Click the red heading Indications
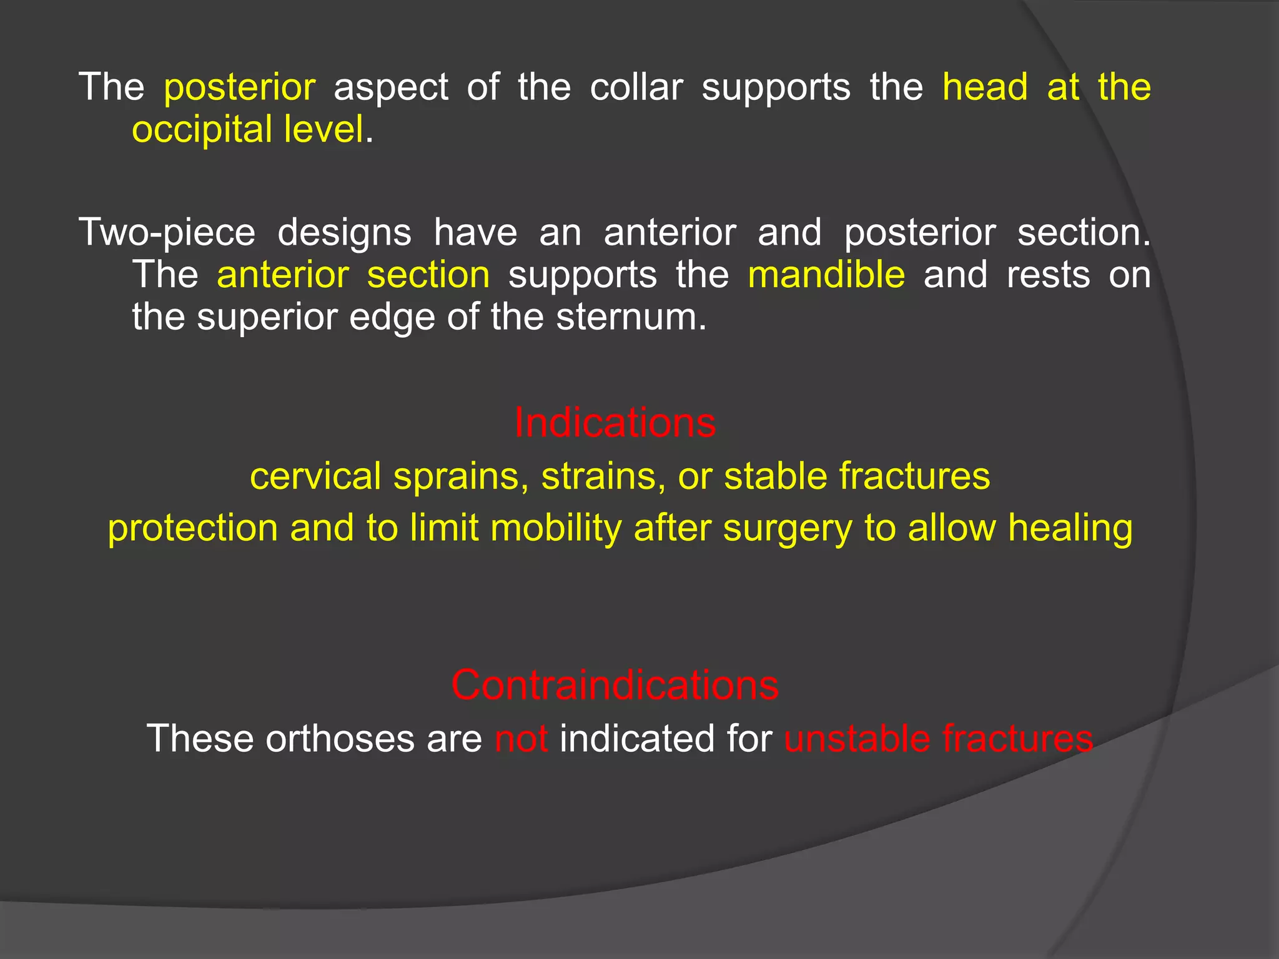pyautogui.click(x=615, y=423)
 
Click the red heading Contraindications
pyautogui.click(x=615, y=685)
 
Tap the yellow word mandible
pyautogui.click(x=826, y=275)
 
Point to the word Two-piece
pyautogui.click(x=167, y=232)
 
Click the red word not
pyautogui.click(x=521, y=738)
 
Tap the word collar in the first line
pyautogui.click(x=636, y=87)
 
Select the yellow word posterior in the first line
pyautogui.click(x=239, y=87)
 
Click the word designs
pyautogui.click(x=344, y=232)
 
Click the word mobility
pyautogui.click(x=556, y=528)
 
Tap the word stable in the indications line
pyautogui.click(x=775, y=476)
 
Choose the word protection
pyautogui.click(x=192, y=528)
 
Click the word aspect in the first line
pyautogui.click(x=391, y=87)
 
